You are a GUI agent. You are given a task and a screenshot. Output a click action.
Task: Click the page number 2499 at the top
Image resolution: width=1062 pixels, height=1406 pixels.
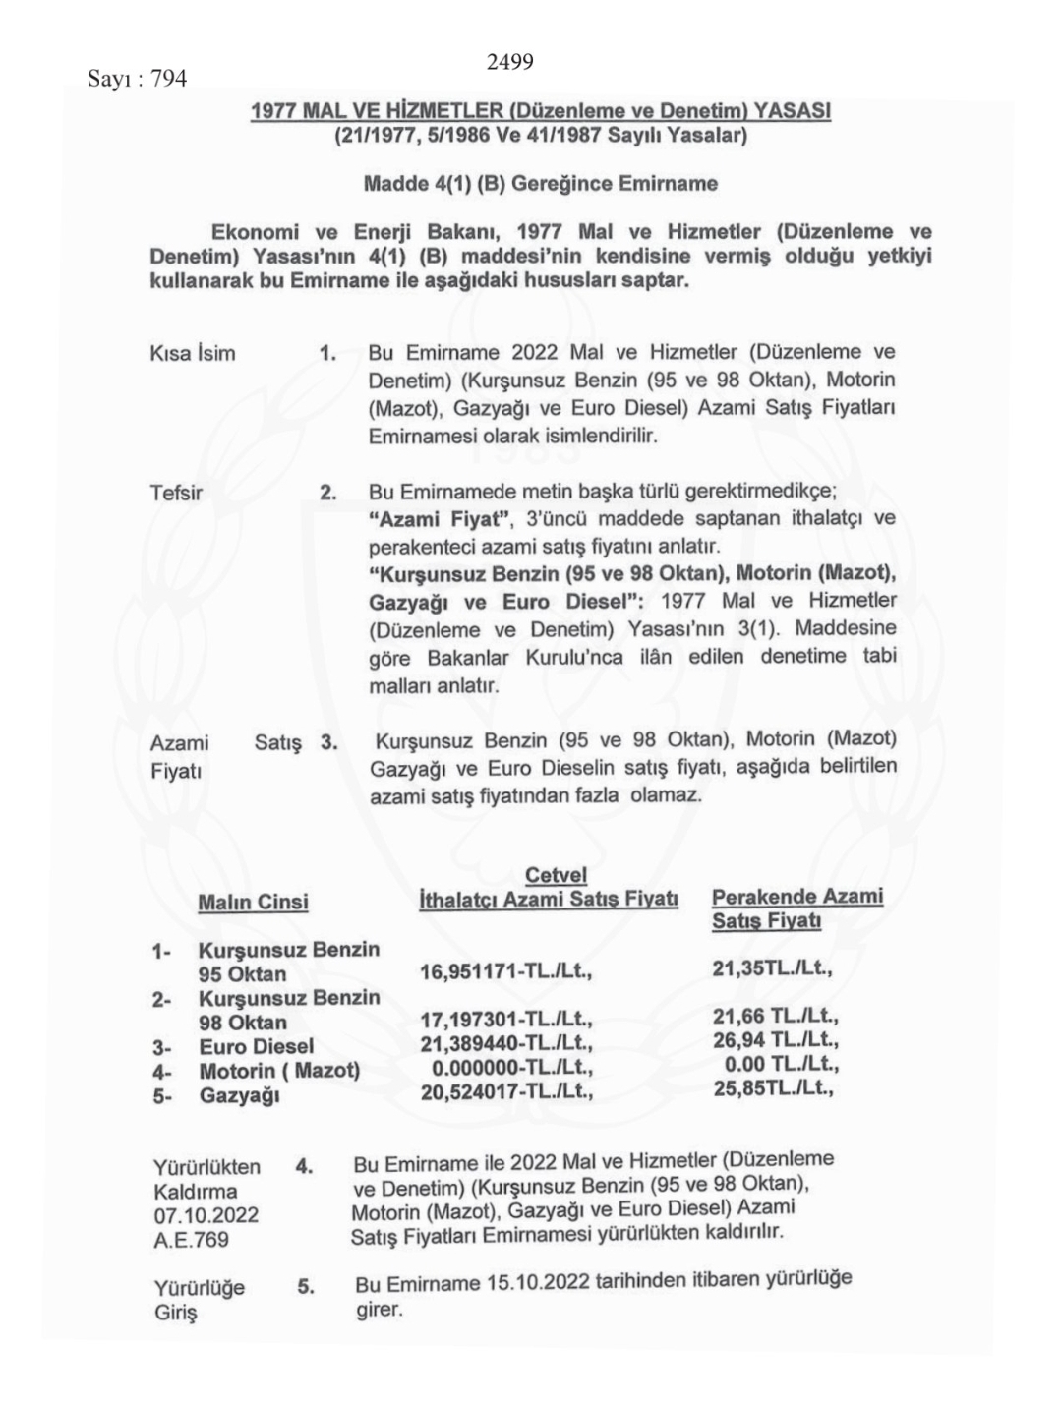(x=509, y=63)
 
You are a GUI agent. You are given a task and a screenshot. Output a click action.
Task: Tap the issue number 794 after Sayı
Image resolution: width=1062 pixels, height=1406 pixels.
(x=168, y=79)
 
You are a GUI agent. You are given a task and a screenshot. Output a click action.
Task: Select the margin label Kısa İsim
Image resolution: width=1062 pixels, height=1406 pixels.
(x=193, y=354)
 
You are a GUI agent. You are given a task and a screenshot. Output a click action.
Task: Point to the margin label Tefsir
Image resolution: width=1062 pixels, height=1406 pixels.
(x=176, y=493)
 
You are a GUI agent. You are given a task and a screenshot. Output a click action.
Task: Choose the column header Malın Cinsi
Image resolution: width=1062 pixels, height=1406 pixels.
(x=253, y=903)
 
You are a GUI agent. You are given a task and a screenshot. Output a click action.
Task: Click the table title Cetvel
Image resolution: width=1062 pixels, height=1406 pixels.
(x=556, y=875)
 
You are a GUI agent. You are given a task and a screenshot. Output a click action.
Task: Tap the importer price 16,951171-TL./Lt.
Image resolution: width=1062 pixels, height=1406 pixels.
(x=505, y=972)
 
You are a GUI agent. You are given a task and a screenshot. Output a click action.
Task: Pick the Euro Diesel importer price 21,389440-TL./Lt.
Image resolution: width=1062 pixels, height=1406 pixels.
(x=505, y=1044)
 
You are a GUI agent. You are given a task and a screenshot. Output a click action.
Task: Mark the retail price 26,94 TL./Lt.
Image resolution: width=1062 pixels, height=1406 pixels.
(x=775, y=1039)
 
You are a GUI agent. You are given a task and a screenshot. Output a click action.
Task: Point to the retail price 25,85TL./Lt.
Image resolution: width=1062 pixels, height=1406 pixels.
(x=773, y=1088)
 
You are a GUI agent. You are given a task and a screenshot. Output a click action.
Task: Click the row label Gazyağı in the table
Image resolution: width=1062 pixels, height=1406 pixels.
(x=239, y=1094)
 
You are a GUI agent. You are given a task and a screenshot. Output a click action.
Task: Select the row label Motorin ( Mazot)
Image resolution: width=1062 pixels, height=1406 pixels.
(x=279, y=1071)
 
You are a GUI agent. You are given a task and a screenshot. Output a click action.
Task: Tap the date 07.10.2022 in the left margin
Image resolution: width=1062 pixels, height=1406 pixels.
(x=206, y=1215)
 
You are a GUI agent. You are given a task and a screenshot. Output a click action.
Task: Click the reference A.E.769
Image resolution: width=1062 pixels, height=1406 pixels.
(x=191, y=1240)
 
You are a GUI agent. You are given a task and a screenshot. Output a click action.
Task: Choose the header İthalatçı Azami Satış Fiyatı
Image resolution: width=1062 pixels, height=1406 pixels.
(x=548, y=899)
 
